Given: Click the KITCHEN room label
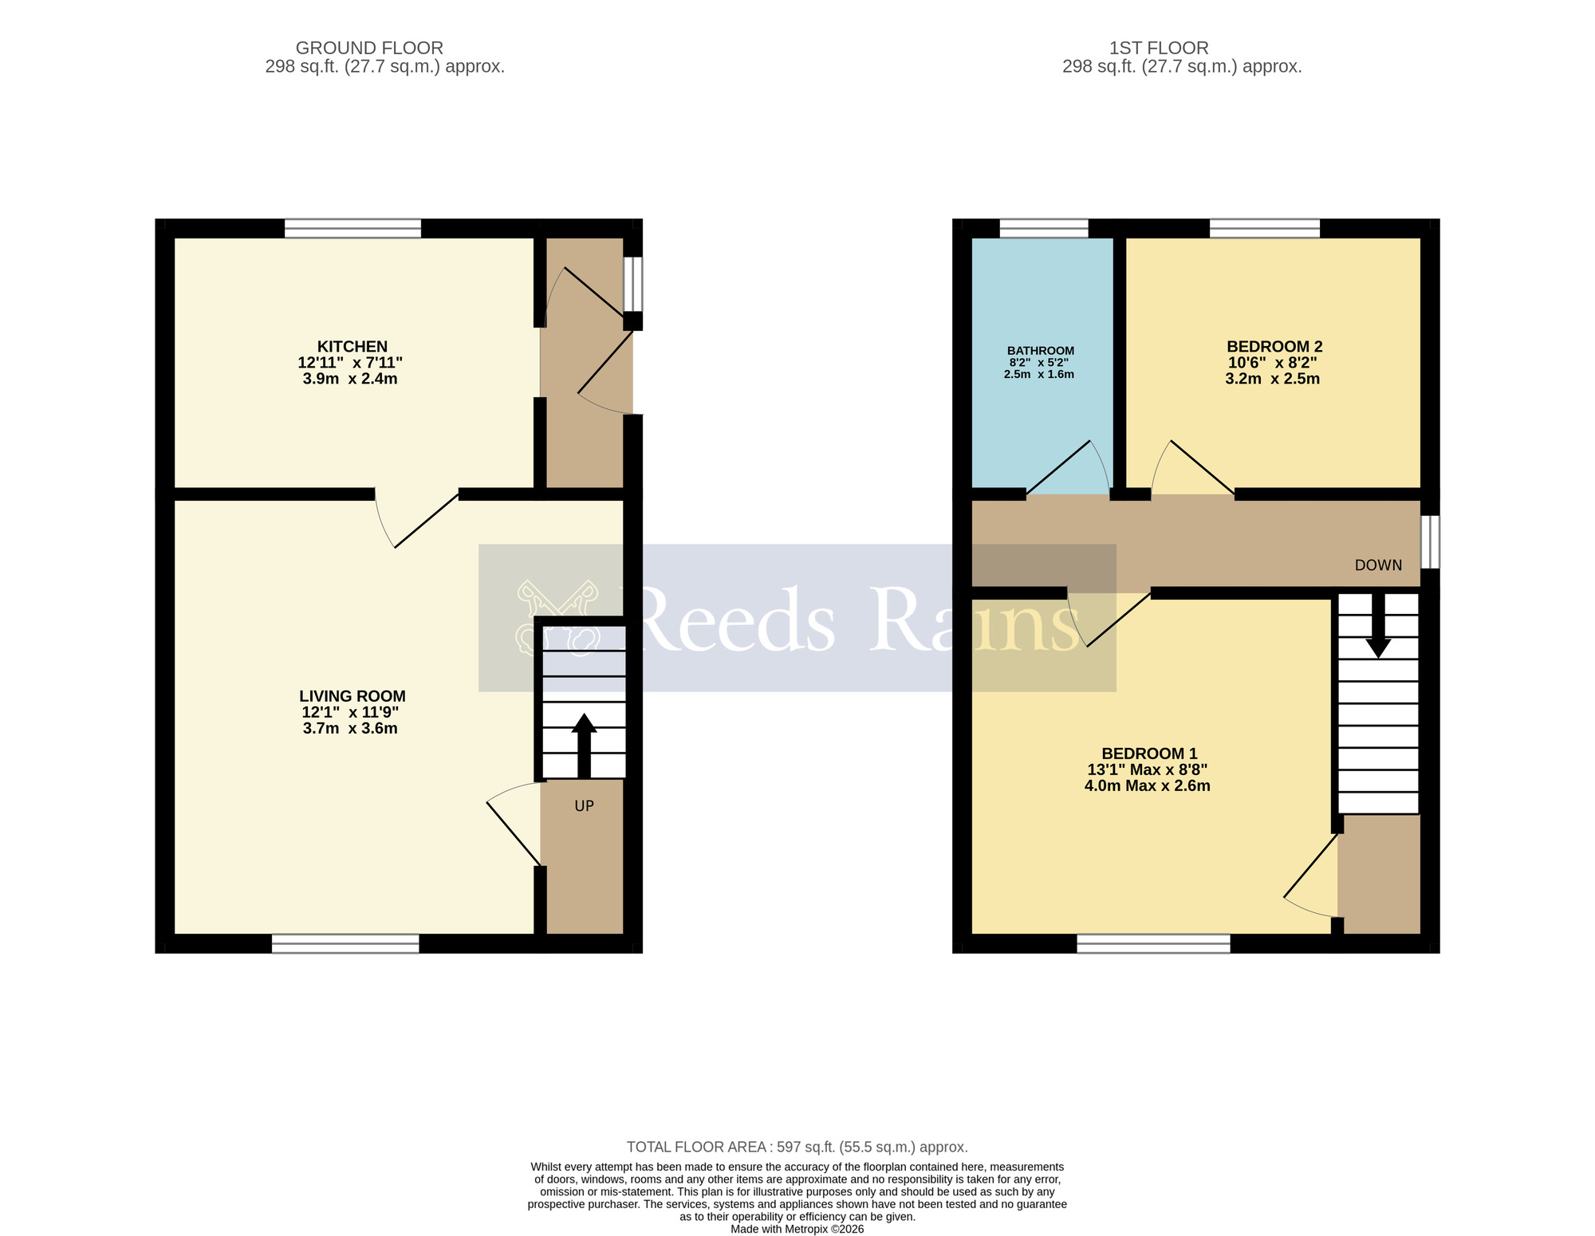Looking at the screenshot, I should point(352,347).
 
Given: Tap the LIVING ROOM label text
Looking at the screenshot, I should point(352,696).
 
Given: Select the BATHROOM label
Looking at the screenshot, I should point(1040,351).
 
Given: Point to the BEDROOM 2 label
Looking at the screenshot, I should point(1274,347).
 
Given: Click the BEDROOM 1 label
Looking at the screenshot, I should point(1148,754).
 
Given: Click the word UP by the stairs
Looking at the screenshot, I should point(584,806).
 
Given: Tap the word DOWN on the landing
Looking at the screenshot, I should point(1377,565).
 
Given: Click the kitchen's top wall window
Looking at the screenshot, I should point(352,229).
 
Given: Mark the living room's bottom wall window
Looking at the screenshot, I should point(345,944).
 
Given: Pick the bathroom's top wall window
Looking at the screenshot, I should point(1043,229).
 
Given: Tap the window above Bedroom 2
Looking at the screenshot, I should point(1264,229).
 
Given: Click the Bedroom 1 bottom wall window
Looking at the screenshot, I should point(1153,944).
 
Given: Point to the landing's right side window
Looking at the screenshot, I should point(1431,541).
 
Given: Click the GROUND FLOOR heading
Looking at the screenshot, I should point(369,48).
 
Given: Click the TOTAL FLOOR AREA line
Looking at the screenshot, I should point(797,1147).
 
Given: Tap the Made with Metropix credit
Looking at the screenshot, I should point(797,1229).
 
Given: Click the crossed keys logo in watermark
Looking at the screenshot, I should point(557,618).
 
